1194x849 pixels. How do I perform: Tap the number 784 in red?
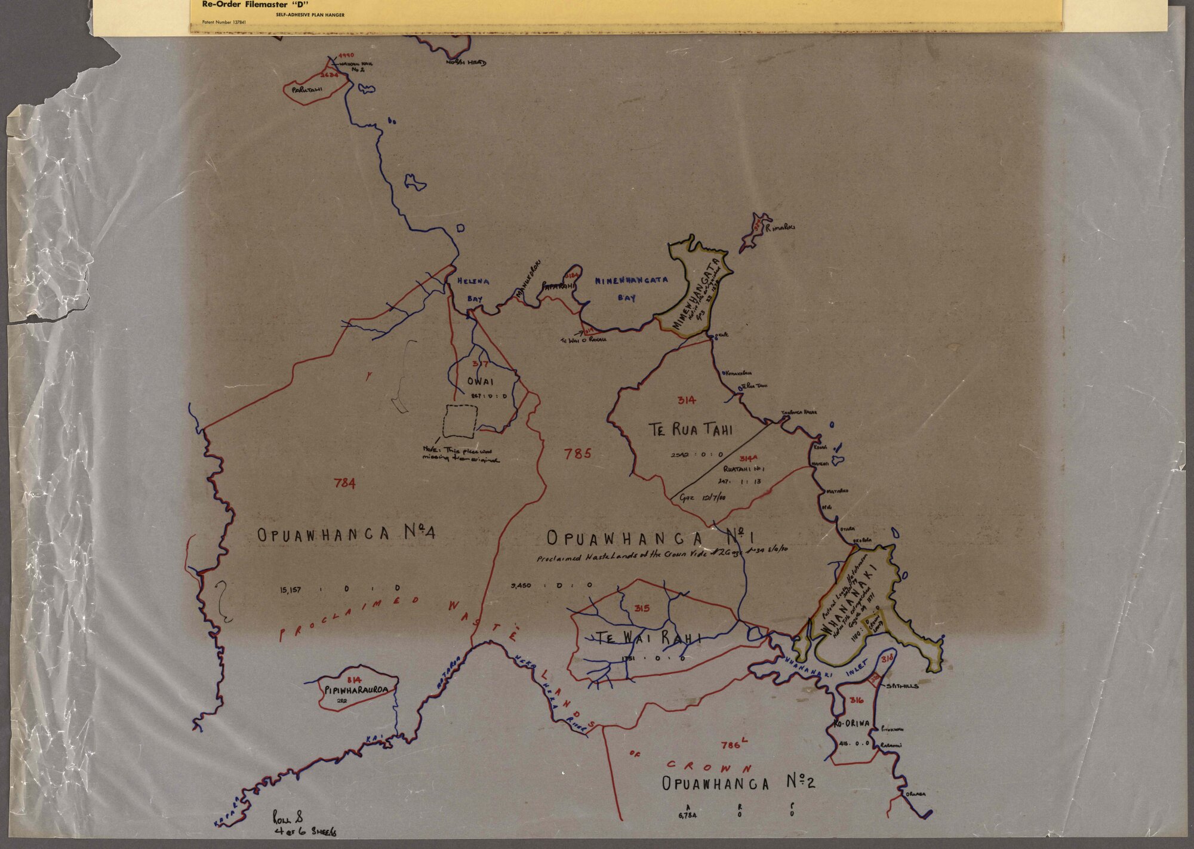tap(345, 482)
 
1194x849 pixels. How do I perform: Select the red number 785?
tap(578, 454)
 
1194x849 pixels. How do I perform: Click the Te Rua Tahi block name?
tap(691, 429)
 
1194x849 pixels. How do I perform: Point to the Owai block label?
tap(480, 380)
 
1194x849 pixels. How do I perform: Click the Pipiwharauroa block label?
tap(357, 690)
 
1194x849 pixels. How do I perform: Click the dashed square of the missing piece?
tap(460, 421)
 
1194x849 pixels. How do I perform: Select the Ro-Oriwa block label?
tap(852, 723)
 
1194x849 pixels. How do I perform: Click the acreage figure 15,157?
tap(290, 590)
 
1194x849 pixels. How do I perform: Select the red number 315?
tap(642, 608)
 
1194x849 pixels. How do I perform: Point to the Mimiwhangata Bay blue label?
tap(631, 288)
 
